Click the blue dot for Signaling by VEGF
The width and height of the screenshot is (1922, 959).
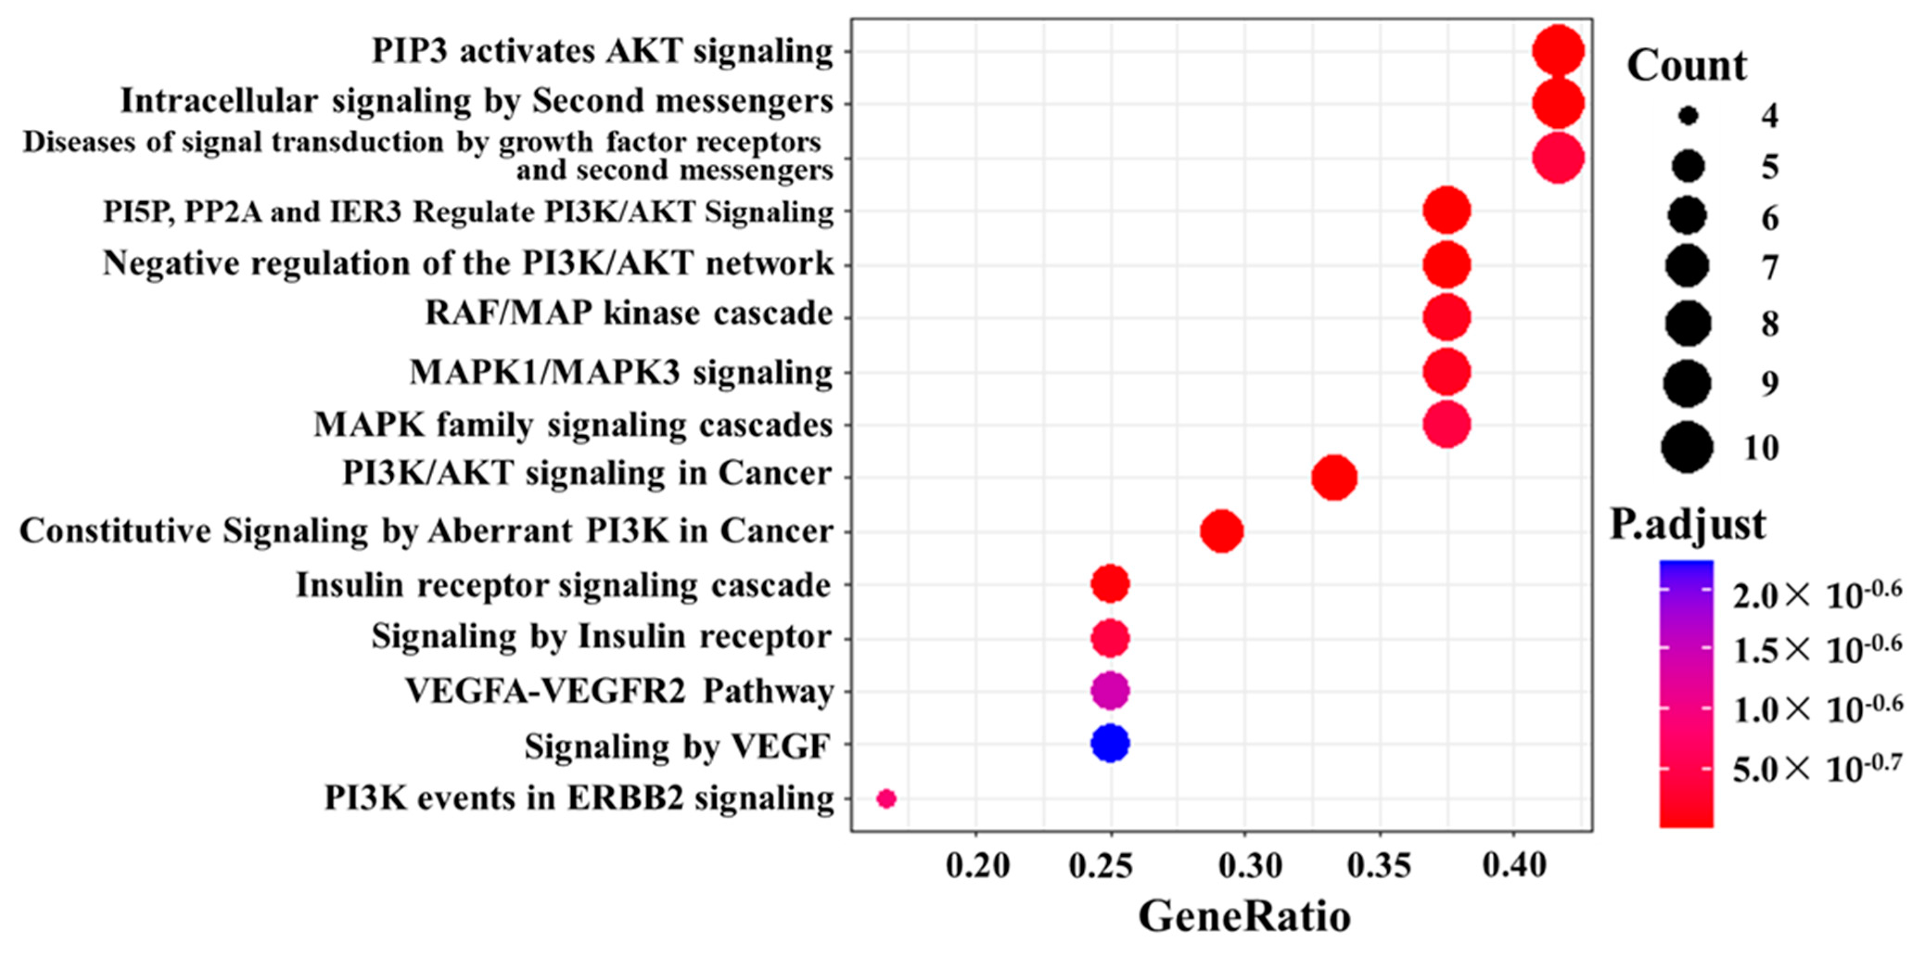(x=1110, y=743)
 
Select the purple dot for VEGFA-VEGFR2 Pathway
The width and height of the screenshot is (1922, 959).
(x=1110, y=691)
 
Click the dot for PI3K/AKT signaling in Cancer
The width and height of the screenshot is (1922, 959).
(x=1334, y=477)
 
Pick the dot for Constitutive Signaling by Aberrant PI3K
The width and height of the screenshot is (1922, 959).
(x=1222, y=531)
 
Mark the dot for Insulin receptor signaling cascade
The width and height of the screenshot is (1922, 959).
(x=1110, y=584)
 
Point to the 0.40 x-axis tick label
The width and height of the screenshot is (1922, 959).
(x=1514, y=866)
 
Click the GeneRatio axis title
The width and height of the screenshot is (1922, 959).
(x=1245, y=916)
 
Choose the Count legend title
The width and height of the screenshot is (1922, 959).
(x=1686, y=66)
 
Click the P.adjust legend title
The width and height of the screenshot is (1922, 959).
(x=1688, y=524)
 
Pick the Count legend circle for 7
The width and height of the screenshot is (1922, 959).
(x=1688, y=266)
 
